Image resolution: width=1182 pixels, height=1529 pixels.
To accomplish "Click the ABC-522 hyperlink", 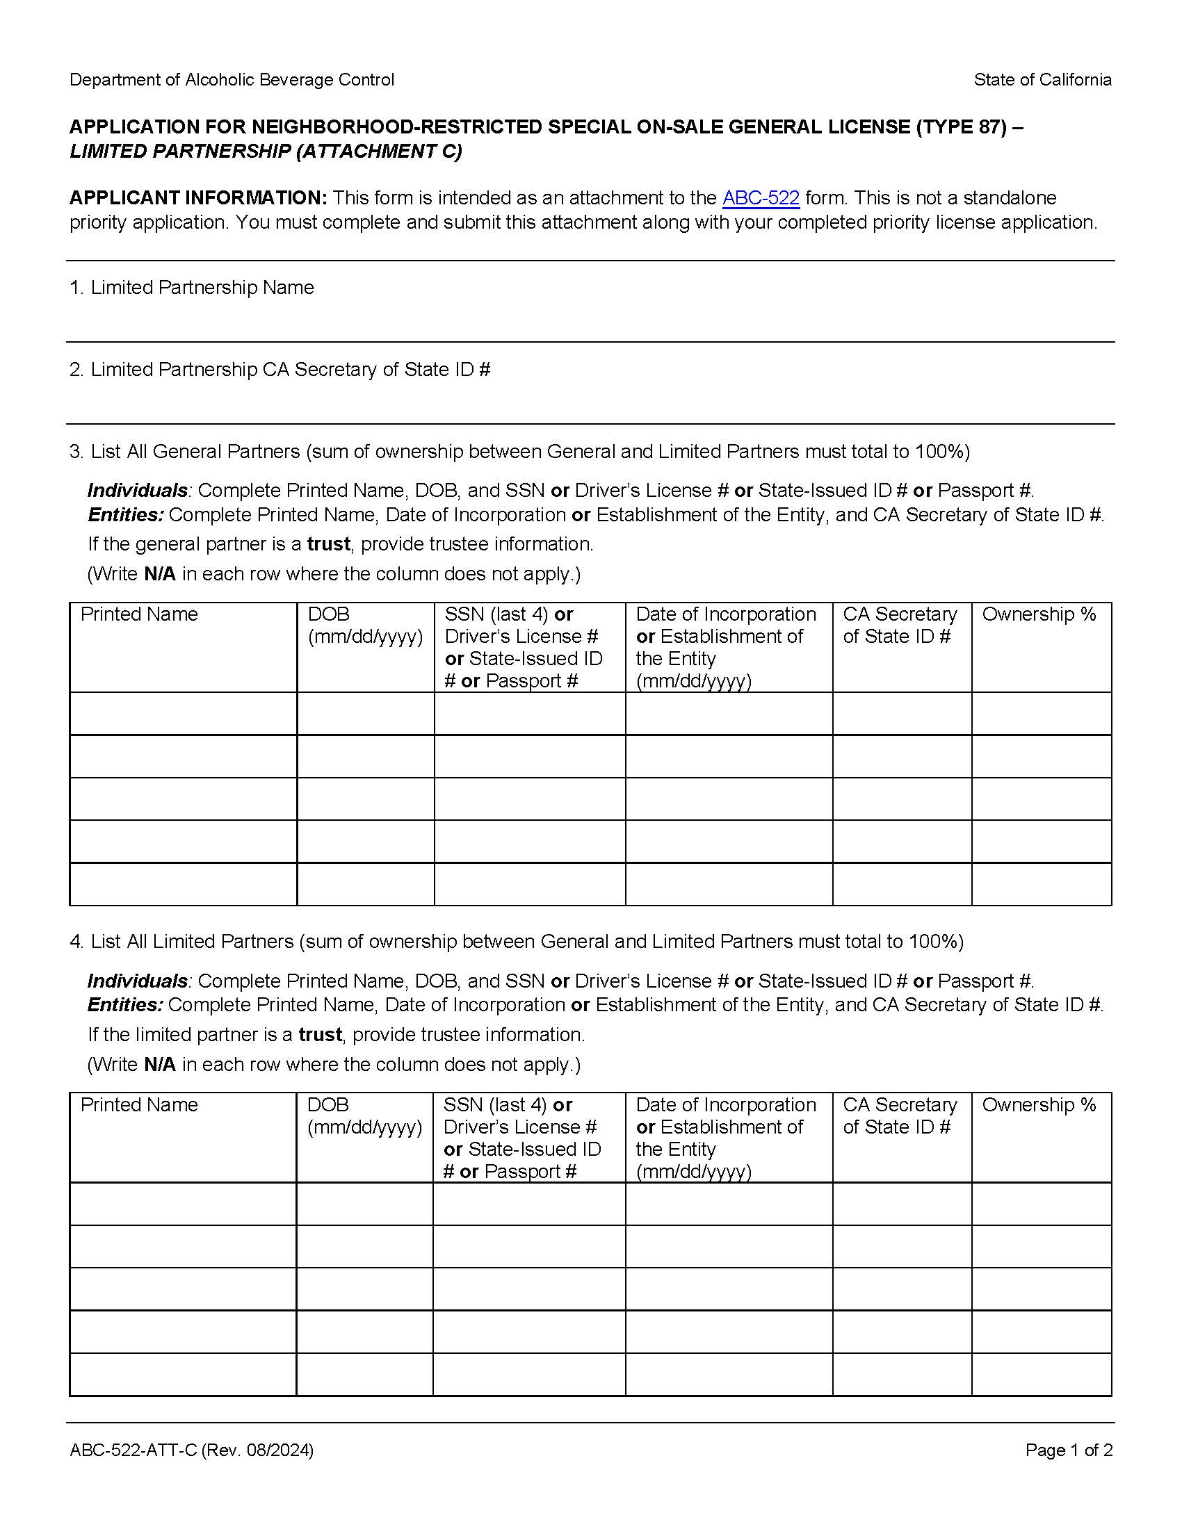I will coord(761,198).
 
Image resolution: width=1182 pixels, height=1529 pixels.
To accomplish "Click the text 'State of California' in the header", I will coord(1042,80).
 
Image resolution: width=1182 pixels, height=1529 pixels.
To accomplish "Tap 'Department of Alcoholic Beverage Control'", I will coord(232,80).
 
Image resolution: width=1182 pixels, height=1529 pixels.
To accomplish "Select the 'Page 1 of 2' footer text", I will coord(1069,1450).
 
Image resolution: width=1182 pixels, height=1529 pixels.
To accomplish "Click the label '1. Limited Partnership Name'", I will coord(192,288).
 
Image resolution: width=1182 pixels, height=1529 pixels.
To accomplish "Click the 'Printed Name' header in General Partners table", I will coord(139,614).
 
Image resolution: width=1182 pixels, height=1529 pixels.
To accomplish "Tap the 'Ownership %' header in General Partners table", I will coord(1039,614).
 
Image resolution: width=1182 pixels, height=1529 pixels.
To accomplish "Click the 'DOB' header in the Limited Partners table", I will coord(327,1105).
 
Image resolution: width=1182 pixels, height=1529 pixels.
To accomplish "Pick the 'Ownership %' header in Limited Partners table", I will coord(1039,1105).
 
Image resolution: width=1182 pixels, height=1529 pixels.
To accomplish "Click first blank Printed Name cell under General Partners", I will coord(184,713).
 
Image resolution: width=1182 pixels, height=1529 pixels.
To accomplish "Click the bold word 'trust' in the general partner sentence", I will coord(328,544).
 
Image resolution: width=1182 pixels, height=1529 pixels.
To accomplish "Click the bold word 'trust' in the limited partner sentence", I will coord(320,1035).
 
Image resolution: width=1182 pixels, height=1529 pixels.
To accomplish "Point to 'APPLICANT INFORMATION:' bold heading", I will coord(198,198).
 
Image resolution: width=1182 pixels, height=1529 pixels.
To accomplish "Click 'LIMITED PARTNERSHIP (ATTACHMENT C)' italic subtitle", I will coord(266,152).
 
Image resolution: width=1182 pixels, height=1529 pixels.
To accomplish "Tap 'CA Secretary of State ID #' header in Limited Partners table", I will coord(900,1116).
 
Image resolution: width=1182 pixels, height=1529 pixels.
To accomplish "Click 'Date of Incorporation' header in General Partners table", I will coord(726,614).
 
